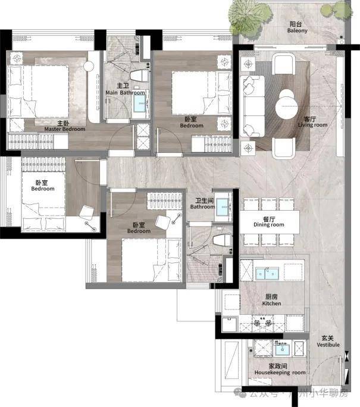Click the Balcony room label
click(297, 27)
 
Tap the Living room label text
click(312, 122)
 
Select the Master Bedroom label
click(65, 126)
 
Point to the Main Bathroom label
click(125, 89)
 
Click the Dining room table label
click(269, 222)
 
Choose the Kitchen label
click(271, 300)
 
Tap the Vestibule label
click(328, 342)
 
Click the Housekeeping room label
click(280, 370)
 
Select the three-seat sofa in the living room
click(252, 106)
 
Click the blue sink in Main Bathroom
click(140, 104)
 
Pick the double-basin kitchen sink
click(267, 274)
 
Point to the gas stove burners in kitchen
click(262, 323)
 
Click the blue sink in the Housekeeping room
click(282, 350)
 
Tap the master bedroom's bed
click(39, 92)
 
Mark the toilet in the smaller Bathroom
click(222, 240)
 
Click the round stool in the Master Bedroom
click(89, 66)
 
